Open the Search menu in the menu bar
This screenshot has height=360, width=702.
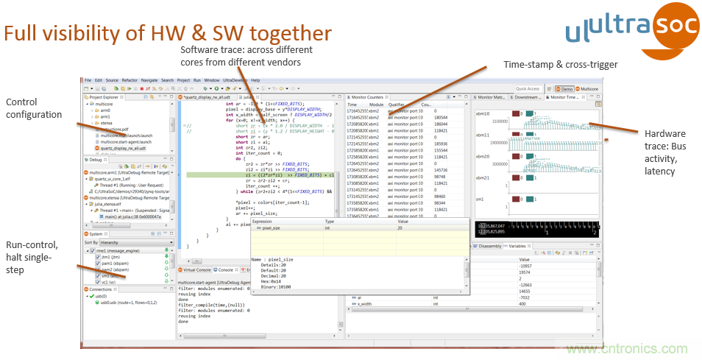(x=167, y=80)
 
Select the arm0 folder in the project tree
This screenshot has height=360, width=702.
(x=105, y=110)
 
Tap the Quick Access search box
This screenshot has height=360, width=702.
(x=528, y=88)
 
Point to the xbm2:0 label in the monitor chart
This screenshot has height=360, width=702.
(x=483, y=157)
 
